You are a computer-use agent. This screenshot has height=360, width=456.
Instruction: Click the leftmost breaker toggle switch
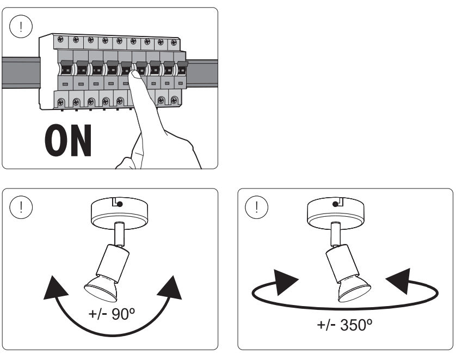click(66, 67)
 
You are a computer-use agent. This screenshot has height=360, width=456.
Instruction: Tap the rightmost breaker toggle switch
click(182, 67)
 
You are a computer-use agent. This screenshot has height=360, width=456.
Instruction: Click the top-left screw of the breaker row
click(61, 39)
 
